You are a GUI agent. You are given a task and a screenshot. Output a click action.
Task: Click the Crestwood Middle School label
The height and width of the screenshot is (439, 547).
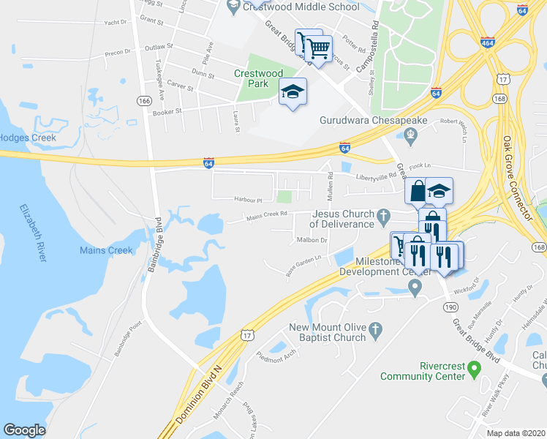(302, 7)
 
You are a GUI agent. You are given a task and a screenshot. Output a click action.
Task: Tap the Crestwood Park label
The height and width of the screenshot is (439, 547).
(258, 78)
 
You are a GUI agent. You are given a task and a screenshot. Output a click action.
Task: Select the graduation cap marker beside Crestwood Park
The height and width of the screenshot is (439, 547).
(293, 92)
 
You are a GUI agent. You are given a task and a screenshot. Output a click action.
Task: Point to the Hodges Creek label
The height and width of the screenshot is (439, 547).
(28, 137)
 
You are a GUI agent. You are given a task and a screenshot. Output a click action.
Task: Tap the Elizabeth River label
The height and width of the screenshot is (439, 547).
(34, 233)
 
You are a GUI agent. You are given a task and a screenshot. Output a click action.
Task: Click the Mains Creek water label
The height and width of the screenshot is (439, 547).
(106, 250)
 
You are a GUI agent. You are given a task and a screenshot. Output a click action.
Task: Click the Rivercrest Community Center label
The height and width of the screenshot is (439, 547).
(422, 371)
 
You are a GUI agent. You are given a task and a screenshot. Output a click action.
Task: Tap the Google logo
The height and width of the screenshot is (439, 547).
(24, 430)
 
